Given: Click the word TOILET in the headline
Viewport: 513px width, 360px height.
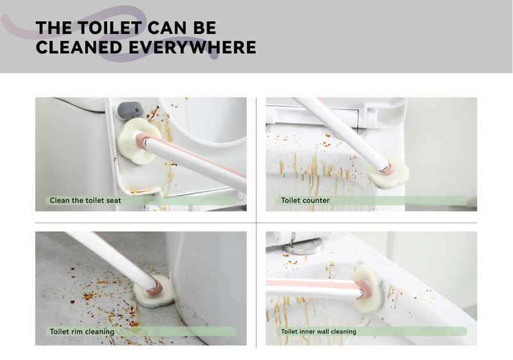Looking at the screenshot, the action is [x=110, y=28].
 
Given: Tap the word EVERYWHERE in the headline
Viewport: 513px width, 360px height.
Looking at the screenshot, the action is [x=192, y=47].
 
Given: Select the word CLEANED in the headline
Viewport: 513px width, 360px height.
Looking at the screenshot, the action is [x=80, y=47].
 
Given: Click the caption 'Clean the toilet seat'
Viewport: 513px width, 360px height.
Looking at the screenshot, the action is [x=85, y=200].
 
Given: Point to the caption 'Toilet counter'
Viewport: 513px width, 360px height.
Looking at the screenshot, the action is [x=305, y=200].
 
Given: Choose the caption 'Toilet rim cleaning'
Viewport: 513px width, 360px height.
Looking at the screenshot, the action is [x=82, y=332].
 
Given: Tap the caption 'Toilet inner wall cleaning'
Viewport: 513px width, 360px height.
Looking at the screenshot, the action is [x=319, y=332].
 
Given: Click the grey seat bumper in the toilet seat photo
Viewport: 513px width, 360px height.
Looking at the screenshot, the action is [x=130, y=110].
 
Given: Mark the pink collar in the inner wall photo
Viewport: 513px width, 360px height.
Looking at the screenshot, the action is [x=363, y=289].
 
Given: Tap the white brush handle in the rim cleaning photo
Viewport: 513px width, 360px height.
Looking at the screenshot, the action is [x=111, y=259].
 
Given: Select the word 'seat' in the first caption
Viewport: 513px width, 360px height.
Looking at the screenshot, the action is [x=114, y=200].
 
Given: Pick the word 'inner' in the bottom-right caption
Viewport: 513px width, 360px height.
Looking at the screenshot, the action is [x=308, y=332].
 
